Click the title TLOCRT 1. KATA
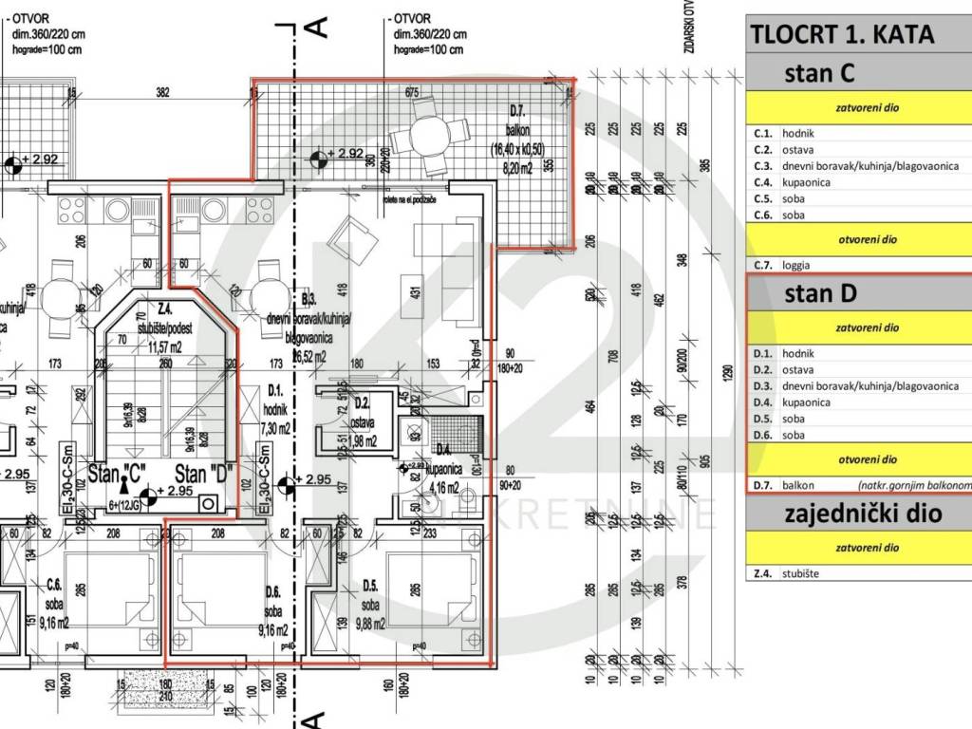842,34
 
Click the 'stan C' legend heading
820,73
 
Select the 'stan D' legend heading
820,293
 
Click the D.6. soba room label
272,607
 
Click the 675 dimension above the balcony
411,92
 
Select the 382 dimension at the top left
162,92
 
